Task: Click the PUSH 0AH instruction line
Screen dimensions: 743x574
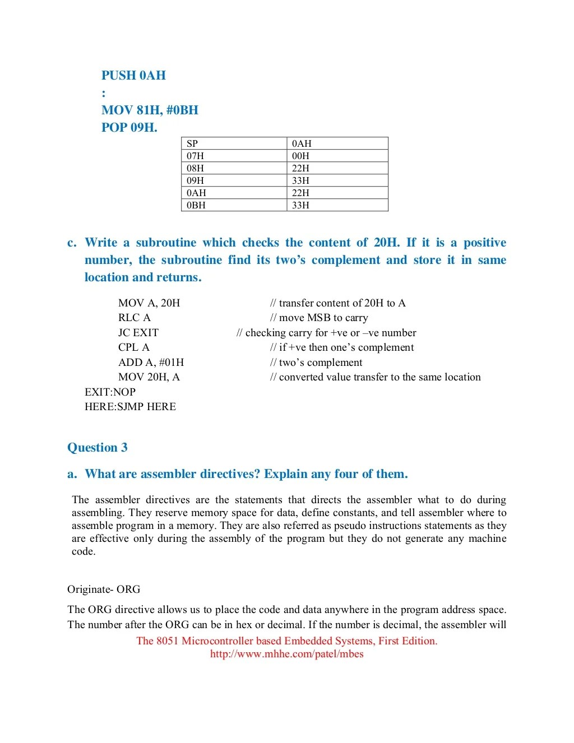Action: tap(133, 76)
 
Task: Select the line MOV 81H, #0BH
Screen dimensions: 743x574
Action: tap(150, 110)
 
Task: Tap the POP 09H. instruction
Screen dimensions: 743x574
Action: tap(129, 128)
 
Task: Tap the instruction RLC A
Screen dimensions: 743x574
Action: tap(135, 318)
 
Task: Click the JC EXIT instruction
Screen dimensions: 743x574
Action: tap(138, 333)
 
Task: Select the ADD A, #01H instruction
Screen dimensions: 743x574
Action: tap(151, 363)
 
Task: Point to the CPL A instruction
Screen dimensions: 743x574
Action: tap(134, 347)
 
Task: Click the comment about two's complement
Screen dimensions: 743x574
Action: tap(316, 363)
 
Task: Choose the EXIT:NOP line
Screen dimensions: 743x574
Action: tap(110, 392)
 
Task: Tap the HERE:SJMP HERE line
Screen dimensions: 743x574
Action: tap(130, 407)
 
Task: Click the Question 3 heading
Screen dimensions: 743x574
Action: tap(98, 448)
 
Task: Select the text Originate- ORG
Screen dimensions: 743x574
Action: tap(104, 589)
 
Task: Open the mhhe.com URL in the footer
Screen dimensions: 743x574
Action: tap(286, 654)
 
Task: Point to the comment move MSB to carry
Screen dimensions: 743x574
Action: tap(319, 318)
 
